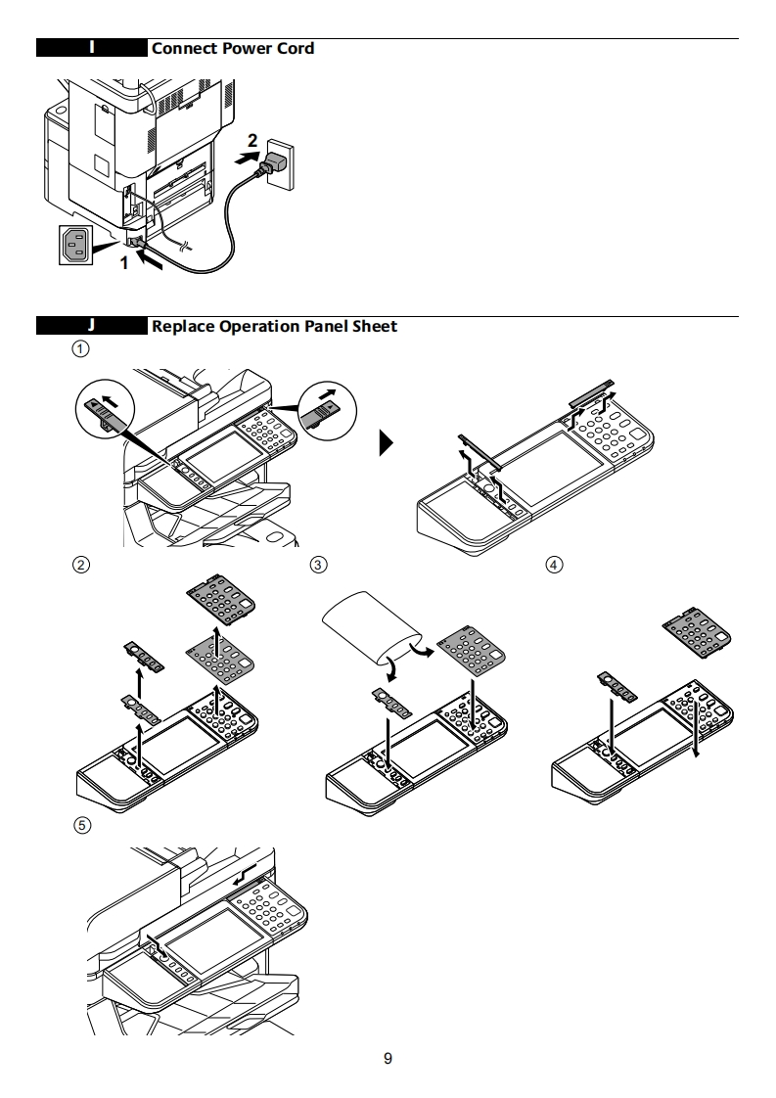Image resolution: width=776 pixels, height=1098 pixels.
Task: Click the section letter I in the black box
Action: (x=92, y=48)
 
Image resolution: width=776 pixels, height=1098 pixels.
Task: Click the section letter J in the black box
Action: (x=92, y=326)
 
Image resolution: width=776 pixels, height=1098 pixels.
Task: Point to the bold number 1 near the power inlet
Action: (x=123, y=262)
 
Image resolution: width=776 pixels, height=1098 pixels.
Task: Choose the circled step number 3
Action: (x=318, y=565)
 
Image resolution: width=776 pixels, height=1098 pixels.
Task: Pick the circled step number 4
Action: (x=555, y=565)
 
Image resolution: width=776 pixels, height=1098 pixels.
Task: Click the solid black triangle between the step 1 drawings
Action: (x=388, y=446)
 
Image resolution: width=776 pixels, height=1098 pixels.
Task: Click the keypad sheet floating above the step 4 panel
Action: (x=696, y=627)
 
